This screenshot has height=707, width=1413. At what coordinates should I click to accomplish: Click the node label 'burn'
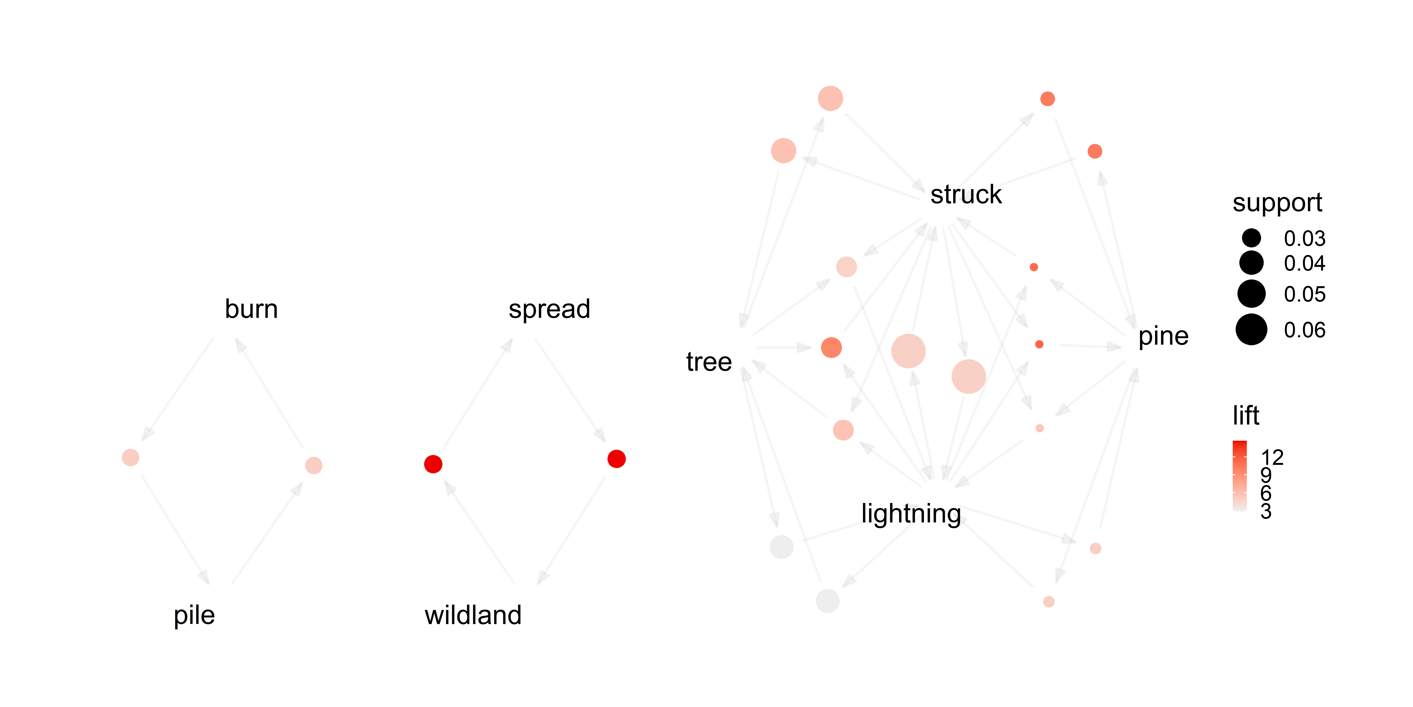[x=251, y=309]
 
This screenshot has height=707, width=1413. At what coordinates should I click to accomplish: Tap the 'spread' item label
[x=549, y=309]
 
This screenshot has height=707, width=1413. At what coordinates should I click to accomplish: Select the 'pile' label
[x=194, y=615]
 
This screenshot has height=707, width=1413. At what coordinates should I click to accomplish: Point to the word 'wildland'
[x=473, y=615]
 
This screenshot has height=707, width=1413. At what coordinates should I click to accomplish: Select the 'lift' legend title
[x=1246, y=416]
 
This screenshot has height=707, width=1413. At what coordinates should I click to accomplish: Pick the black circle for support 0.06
[x=1251, y=329]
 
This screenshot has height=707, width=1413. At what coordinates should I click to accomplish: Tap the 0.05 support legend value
[x=1304, y=294]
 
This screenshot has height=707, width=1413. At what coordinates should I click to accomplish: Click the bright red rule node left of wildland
[x=433, y=464]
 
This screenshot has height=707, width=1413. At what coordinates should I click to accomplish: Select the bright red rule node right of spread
[x=617, y=459]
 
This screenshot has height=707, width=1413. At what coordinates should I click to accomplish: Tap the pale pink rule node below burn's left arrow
[x=131, y=457]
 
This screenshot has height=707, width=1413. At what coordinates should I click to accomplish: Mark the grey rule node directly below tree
[x=782, y=547]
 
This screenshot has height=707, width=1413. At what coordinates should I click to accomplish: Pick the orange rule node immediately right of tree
[x=832, y=347]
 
